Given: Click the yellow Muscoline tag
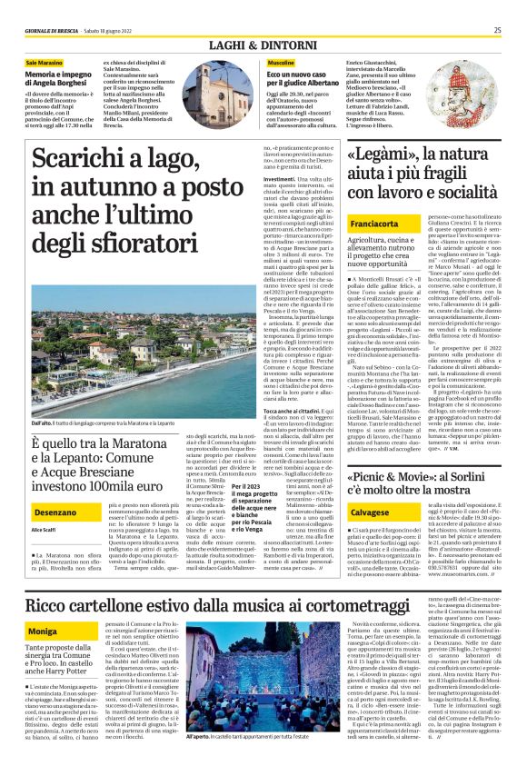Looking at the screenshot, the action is click(x=281, y=63).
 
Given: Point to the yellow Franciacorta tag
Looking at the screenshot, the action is click(x=374, y=222).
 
